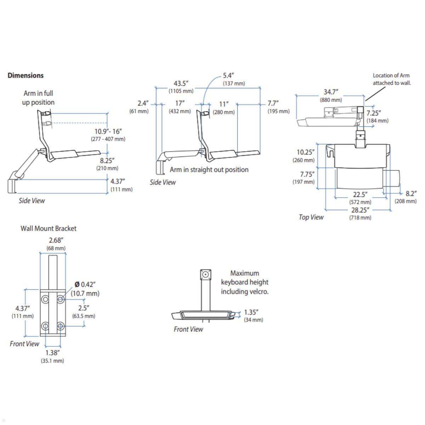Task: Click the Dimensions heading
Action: (25, 75)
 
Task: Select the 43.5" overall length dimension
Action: (181, 84)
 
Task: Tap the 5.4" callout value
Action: (228, 76)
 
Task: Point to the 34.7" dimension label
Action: (331, 92)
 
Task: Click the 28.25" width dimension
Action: (360, 210)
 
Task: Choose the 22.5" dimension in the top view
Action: (360, 195)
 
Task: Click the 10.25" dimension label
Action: (305, 152)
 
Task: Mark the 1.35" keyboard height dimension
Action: (251, 312)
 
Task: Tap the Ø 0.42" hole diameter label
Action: (85, 284)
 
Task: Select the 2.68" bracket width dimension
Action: (56, 241)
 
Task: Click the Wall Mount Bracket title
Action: (49, 228)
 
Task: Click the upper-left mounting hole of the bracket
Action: (45, 300)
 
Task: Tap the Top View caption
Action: (311, 217)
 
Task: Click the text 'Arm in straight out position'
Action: (209, 170)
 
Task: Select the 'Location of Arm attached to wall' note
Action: (391, 79)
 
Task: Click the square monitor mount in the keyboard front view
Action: (205, 274)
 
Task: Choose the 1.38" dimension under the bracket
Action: (52, 353)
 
